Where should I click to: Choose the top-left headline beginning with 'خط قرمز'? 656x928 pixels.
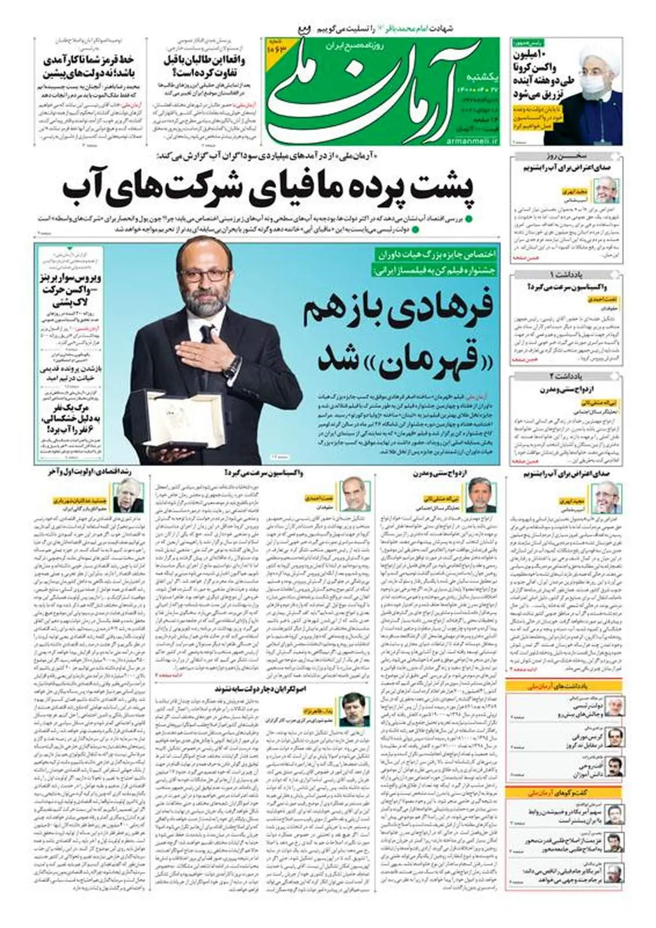point(89,66)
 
